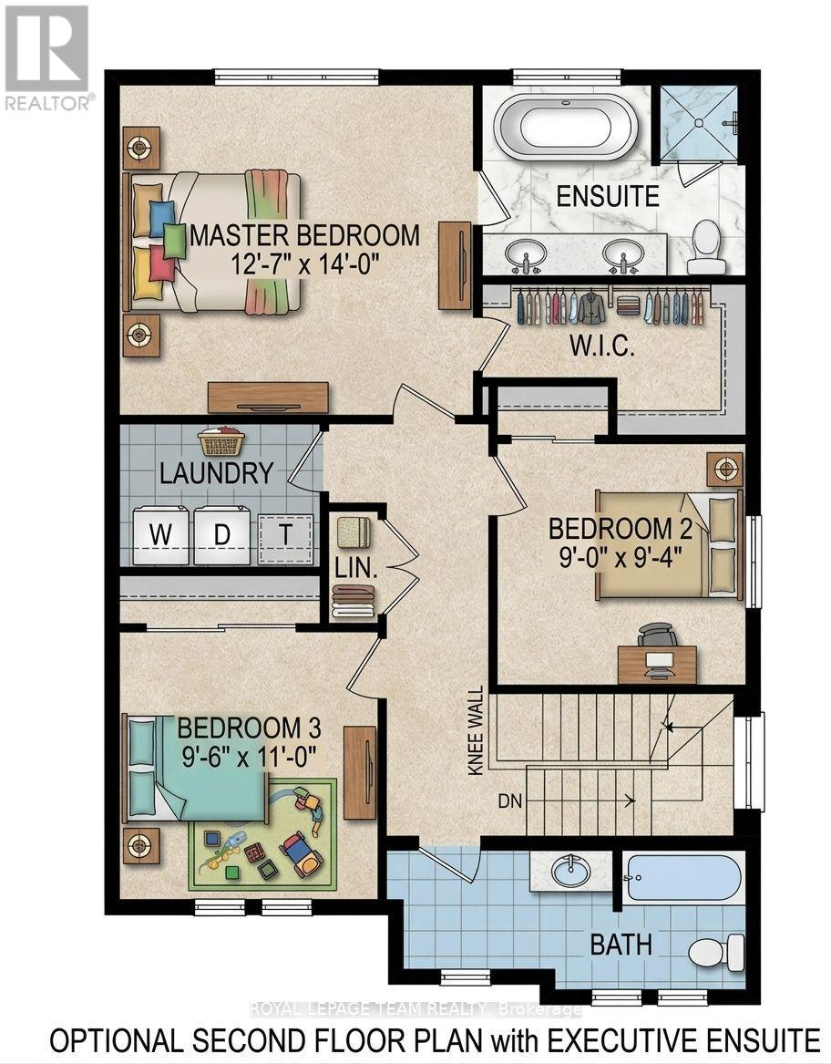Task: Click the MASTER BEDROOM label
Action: [304, 235]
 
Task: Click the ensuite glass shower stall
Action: [698, 122]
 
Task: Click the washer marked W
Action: [160, 535]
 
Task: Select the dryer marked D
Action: [221, 535]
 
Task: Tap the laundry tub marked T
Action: [285, 535]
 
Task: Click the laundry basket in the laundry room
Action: [221, 442]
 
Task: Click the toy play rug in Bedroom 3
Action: [264, 834]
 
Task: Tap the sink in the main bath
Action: [572, 870]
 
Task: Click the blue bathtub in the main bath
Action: [683, 877]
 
